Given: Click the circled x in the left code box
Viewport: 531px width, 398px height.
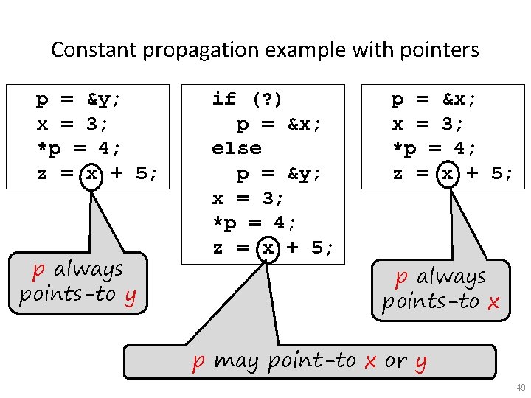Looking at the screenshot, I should tap(91, 174).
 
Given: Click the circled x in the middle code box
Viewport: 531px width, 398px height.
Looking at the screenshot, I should tap(267, 248).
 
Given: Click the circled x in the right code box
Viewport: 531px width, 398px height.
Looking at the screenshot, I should tap(446, 174).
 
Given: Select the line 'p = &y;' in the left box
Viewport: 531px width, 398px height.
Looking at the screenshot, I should tap(78, 99).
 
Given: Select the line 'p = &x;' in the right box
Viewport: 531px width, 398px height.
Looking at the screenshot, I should tap(434, 99).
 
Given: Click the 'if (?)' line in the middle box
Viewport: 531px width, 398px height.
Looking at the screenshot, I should tap(247, 99).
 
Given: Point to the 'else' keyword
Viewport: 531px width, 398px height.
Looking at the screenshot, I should tap(236, 148).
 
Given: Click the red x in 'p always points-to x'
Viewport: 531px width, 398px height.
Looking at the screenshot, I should tap(493, 302).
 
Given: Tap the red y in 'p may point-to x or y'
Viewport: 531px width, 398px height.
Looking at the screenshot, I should tap(420, 362).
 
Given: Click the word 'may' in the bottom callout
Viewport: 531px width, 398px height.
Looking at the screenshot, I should tap(236, 362).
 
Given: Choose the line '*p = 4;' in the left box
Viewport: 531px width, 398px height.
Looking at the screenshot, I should tap(79, 149).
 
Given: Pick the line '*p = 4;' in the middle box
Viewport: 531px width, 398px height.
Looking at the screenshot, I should tap(254, 223).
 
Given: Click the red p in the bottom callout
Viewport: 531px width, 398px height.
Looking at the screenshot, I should tap(198, 362).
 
